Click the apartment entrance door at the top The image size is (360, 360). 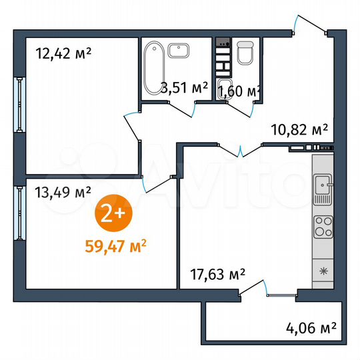(x=309, y=27)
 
